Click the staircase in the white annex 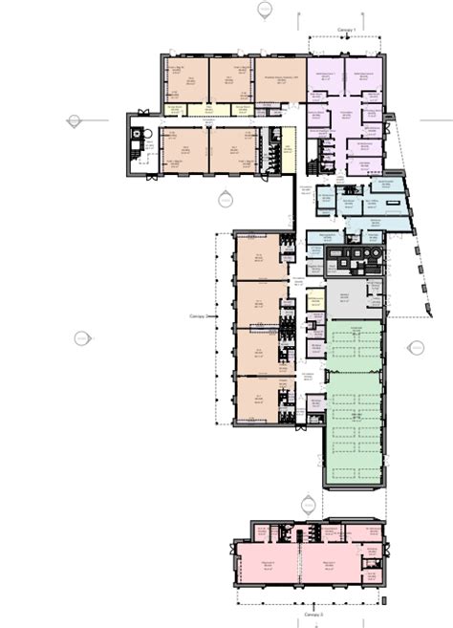[136, 153]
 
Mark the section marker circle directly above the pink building [307, 503]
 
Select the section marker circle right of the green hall [416, 348]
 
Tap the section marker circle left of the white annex [73, 121]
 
